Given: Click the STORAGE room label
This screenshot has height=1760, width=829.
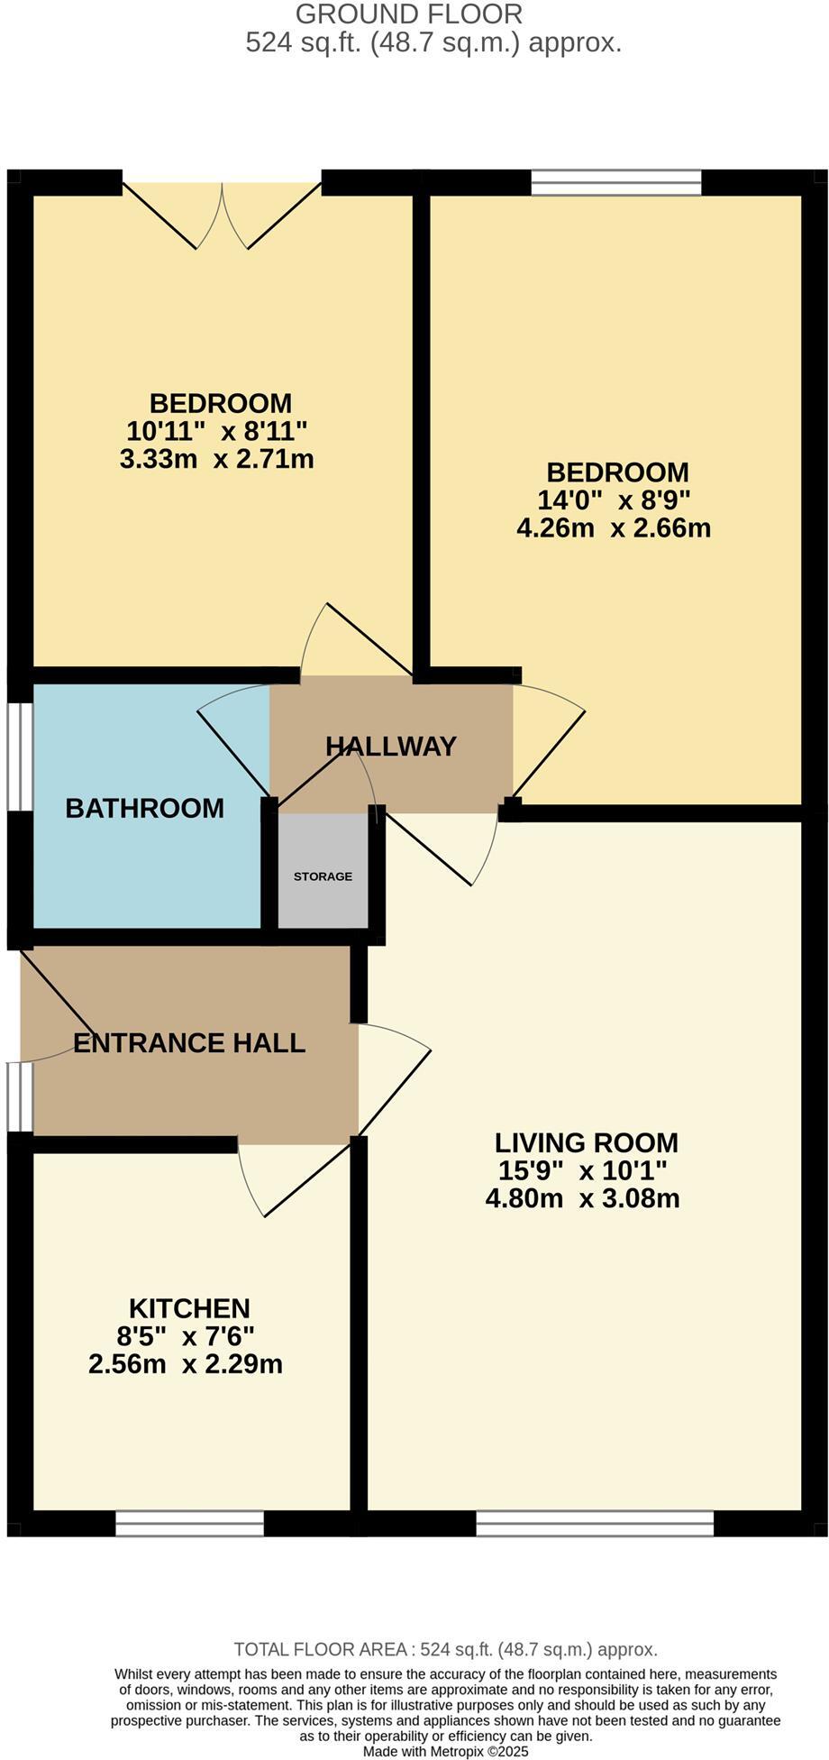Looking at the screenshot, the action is point(323,876).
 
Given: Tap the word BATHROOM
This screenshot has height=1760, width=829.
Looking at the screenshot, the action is point(145,808).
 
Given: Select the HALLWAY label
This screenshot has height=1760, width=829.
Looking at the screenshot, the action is point(391,747).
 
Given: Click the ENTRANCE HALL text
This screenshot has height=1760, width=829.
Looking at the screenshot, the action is point(189,1043).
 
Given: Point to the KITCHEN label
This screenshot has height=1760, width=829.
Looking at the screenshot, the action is point(189,1308).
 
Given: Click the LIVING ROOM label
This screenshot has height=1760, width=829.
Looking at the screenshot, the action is point(587,1142).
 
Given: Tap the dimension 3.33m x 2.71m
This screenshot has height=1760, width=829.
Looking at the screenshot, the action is point(217,459).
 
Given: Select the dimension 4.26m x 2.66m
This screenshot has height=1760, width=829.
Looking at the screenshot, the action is point(614,527).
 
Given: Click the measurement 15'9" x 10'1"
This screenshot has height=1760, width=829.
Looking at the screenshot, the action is point(583,1170).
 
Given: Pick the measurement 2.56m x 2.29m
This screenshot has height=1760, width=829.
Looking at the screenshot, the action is point(186,1363).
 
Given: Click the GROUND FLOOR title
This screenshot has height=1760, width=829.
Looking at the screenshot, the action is point(409,14).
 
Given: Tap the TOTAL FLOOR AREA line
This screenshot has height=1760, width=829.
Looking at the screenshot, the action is point(446,1649).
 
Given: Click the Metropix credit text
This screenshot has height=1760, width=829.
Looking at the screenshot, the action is point(446,1751).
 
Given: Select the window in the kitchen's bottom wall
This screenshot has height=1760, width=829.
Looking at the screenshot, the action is point(190,1523).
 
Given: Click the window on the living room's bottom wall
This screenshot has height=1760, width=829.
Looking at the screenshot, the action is point(595,1523).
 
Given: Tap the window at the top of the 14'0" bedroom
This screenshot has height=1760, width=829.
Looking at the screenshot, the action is point(616,183).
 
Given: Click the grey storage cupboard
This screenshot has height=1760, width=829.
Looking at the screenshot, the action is point(323,871).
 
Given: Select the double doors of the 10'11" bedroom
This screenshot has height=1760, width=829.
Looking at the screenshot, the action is point(222,215).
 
